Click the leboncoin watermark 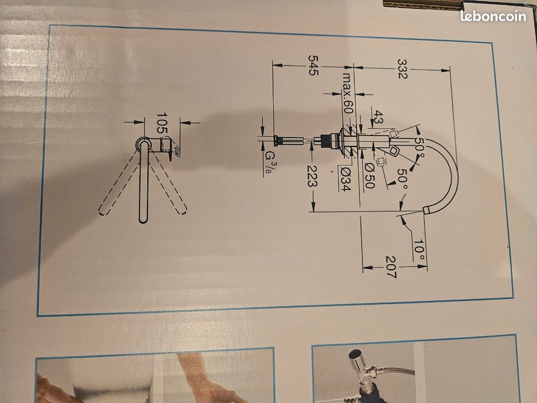[x=493, y=16]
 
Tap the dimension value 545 [x=313, y=65]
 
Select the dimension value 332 [x=402, y=69]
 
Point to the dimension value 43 [x=378, y=117]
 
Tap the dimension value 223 [x=312, y=176]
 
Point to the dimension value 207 [x=391, y=267]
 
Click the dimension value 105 [x=162, y=123]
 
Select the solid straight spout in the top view [x=144, y=183]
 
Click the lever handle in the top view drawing [x=170, y=148]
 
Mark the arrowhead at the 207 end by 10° [x=422, y=266]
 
